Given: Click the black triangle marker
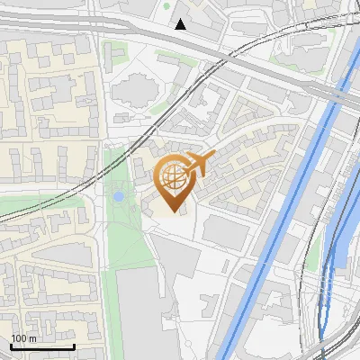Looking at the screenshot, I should point(181,24).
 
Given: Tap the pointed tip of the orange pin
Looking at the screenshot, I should point(175,211).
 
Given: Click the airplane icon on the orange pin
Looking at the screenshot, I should point(200,162).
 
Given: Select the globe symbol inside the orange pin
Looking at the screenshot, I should point(175,178).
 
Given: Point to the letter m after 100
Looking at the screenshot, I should point(32,338).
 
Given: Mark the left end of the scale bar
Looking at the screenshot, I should point(12,346).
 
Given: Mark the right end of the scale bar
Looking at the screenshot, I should point(74,346).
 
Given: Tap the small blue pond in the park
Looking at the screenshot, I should point(119,194).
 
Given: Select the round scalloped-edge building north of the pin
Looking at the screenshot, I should point(136,89).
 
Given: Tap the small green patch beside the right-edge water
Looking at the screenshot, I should point(314,256).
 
